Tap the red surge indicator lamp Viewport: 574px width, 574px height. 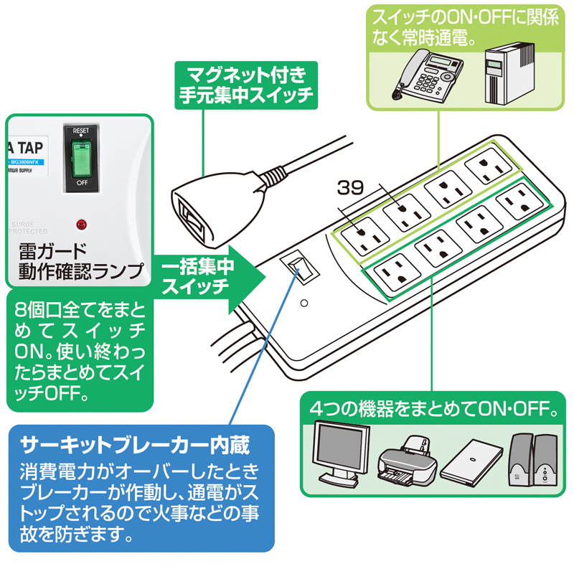80,225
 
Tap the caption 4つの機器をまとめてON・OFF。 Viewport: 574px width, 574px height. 434,410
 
